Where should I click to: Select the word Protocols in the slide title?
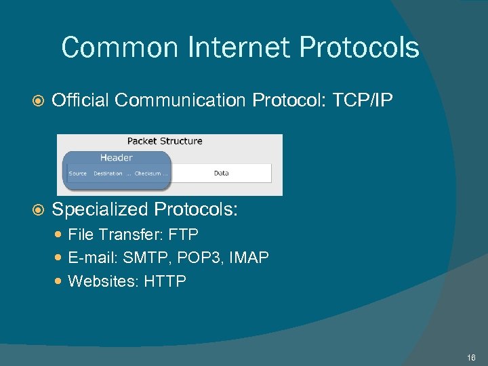point(359,48)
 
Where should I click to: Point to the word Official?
point(80,100)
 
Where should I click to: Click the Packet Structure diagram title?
point(165,141)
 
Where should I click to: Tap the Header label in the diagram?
point(116,157)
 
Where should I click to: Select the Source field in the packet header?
point(78,174)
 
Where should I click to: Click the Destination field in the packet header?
point(108,174)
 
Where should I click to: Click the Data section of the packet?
point(221,173)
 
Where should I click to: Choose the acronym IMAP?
point(250,258)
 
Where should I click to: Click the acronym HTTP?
point(165,281)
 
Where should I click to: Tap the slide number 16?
point(471,357)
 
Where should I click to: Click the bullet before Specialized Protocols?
point(38,209)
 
